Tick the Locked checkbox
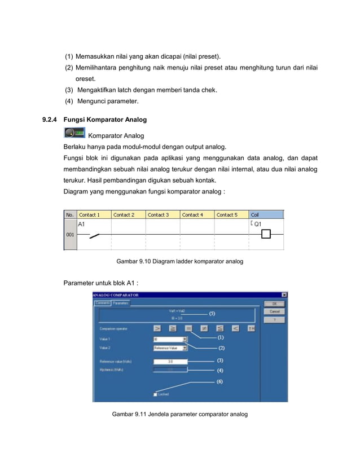[x=155, y=394]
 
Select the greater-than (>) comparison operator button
[x=157, y=327]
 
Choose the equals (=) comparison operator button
[x=188, y=327]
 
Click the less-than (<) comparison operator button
[x=236, y=327]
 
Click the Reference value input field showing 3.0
[x=170, y=361]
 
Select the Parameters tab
[x=121, y=303]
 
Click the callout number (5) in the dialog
[x=212, y=313]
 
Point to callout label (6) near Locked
[x=220, y=381]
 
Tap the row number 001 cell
[x=69, y=234]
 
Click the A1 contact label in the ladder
[x=81, y=224]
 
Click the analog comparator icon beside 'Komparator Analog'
[x=74, y=134]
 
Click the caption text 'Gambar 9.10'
[x=131, y=262]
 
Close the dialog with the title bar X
[x=284, y=294]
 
